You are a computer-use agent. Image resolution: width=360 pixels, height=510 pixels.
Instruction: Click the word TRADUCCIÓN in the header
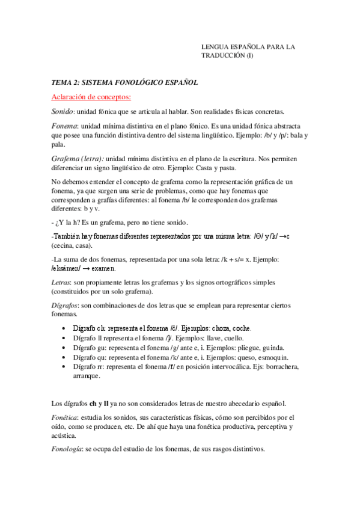[222, 55]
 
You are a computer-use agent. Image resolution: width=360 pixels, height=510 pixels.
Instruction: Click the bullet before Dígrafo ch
[64, 328]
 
